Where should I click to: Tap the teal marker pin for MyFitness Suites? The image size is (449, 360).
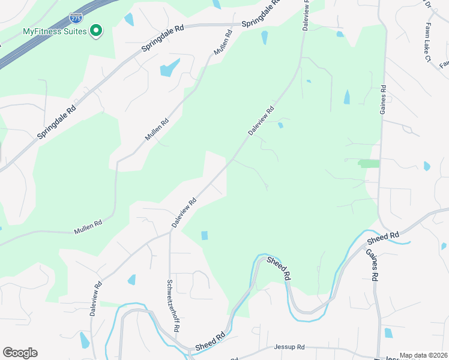pos(95,31)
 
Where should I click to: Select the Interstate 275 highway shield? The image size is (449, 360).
pos(76,19)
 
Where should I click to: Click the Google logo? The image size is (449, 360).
pos(20,353)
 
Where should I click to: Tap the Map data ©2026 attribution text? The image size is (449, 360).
pos(423,355)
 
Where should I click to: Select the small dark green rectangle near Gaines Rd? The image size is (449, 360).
pos(369,163)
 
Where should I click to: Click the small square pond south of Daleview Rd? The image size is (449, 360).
pos(204,235)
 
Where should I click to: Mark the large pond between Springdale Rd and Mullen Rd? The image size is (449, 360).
pos(170,67)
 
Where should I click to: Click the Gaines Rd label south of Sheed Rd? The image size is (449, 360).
pos(371,265)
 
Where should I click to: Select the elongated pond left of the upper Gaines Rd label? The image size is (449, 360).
pos(346,97)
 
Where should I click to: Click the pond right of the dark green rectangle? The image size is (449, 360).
pos(427,166)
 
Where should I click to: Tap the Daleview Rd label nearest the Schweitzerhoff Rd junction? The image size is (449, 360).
pos(184,213)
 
